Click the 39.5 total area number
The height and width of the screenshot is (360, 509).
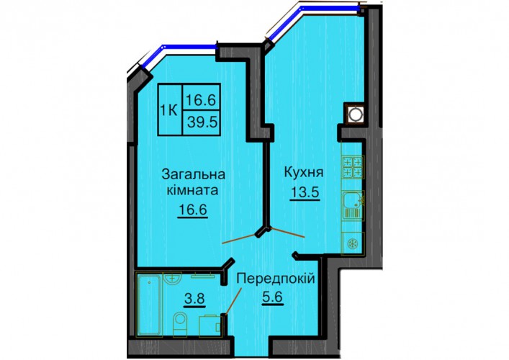202,122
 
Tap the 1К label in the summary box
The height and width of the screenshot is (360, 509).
168,111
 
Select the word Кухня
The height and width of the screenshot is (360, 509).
304,172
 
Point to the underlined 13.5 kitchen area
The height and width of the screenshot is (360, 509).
305,193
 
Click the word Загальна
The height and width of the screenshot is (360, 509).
194,174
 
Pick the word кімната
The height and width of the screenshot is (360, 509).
192,190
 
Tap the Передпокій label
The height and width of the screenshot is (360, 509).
276,278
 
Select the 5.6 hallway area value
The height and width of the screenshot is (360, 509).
273,297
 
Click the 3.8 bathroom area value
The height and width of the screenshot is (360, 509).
195,298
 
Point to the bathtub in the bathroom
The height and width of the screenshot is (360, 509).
149,305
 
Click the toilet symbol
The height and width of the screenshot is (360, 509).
180,323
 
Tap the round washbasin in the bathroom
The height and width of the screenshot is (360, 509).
172,279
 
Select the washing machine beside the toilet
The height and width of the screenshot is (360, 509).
210,325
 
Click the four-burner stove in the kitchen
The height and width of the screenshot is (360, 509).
353,166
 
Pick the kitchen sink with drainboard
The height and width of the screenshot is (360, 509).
353,205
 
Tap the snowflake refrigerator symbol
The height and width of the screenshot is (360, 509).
353,243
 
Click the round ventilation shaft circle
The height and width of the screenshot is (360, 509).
355,114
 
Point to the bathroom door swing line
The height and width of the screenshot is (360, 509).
234,300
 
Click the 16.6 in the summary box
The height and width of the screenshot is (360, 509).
201,100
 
